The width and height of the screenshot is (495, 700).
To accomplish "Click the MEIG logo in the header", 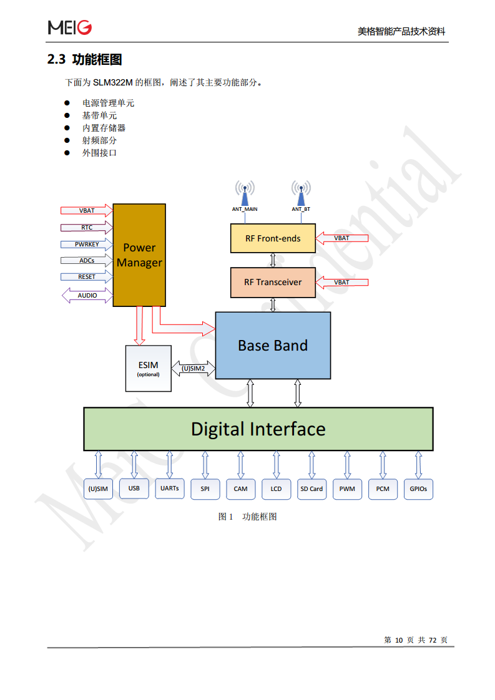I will (x=70, y=27).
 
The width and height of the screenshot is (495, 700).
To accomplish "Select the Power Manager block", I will (x=139, y=255).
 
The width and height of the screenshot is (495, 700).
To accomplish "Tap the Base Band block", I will (x=273, y=345).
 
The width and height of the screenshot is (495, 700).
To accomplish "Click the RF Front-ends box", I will (x=273, y=238).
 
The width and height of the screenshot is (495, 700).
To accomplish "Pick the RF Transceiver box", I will (x=273, y=282).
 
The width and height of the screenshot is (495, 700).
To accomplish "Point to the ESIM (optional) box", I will (x=148, y=368).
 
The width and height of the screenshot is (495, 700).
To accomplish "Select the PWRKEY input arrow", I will (x=87, y=244).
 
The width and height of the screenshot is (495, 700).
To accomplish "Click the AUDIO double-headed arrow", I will (x=87, y=295).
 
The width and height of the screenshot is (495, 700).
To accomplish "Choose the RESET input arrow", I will (x=87, y=276).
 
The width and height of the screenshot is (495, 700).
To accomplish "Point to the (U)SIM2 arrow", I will (x=193, y=369).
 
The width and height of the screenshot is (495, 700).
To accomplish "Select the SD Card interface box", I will (x=311, y=489).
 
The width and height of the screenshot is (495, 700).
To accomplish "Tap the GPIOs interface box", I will (x=418, y=489).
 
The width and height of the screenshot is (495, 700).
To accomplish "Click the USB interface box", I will (x=134, y=488).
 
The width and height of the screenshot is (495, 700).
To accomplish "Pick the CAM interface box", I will (x=240, y=489).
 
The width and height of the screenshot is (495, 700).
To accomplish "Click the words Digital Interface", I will (x=258, y=429).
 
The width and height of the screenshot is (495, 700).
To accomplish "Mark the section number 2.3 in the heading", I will (x=56, y=60).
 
